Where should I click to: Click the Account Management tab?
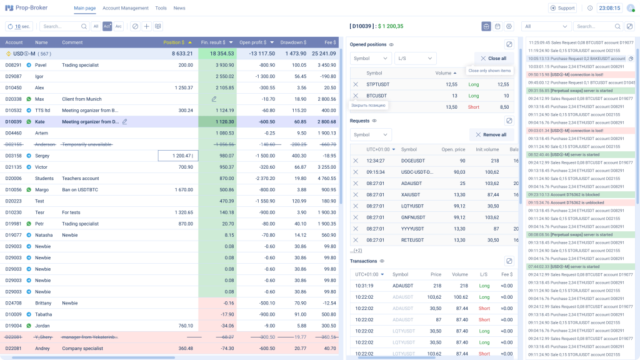coord(126,8)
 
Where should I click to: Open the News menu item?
coord(179,8)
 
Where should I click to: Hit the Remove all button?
coord(491,134)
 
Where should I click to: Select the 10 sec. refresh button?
coord(19,26)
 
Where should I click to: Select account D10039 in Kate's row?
coord(14,121)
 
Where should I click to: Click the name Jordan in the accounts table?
coord(43,326)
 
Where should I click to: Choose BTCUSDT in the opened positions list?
coord(377,96)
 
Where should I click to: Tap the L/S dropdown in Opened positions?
coord(414,58)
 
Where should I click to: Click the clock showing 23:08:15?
coord(609,8)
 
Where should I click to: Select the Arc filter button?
coord(119,26)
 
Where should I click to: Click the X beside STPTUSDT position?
coord(356,84)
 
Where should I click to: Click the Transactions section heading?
coord(364,261)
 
